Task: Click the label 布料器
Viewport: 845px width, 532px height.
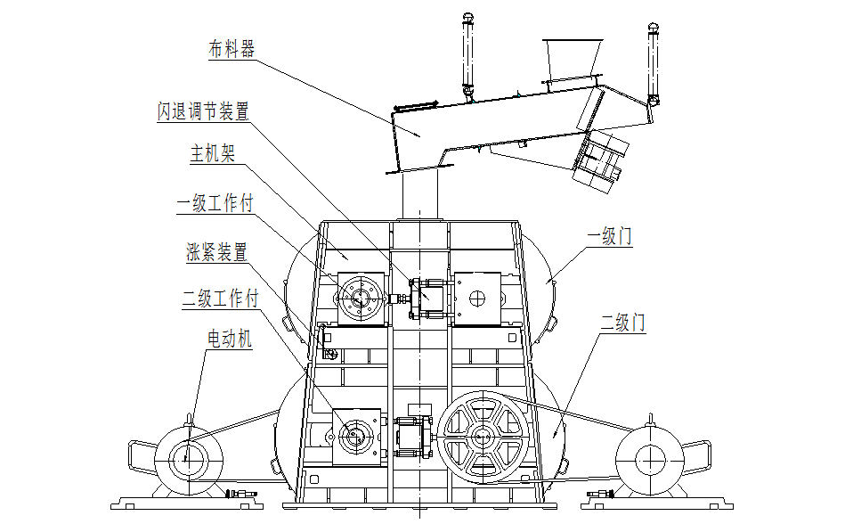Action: click(x=232, y=50)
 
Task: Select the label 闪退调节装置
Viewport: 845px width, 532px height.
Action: click(x=203, y=111)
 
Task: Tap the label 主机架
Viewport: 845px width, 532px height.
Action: click(x=211, y=154)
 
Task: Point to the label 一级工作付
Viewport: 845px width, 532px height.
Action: click(x=215, y=204)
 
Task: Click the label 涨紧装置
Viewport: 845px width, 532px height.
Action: click(x=217, y=252)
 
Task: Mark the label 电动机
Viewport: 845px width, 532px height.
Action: click(x=230, y=339)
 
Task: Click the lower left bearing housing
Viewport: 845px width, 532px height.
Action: click(x=357, y=435)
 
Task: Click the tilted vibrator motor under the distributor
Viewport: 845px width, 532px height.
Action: click(x=597, y=161)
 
